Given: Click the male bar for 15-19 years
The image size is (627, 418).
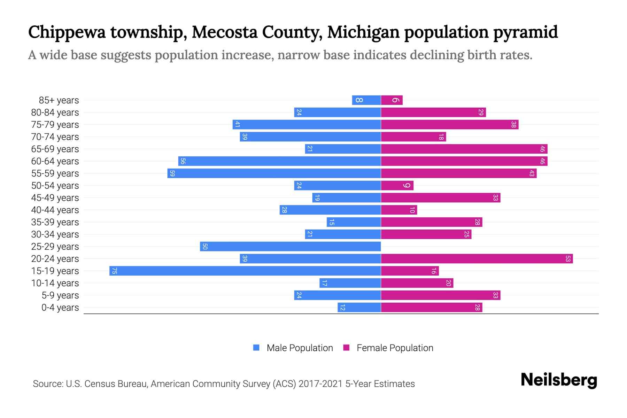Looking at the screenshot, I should click(245, 271).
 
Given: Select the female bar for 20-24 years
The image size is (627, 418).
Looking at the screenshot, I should click(477, 258).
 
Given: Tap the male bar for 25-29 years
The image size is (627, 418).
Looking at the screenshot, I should click(290, 246).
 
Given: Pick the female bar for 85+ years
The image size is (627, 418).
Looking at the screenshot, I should click(392, 100).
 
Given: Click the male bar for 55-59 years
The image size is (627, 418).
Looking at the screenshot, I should click(274, 173).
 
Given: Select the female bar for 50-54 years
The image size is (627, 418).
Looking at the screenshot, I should click(397, 185).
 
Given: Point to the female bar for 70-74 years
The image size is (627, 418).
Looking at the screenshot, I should click(413, 137).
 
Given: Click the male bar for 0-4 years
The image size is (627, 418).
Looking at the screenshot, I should click(359, 307).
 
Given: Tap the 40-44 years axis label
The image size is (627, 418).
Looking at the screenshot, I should click(55, 210).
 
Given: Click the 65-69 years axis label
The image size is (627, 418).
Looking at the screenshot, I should click(55, 149).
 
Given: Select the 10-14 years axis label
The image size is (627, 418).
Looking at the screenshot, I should click(55, 283).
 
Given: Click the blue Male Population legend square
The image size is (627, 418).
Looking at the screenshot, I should click(256, 348).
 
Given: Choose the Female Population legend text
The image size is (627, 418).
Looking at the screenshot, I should click(395, 348).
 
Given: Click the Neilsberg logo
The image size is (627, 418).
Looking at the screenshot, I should click(559, 380).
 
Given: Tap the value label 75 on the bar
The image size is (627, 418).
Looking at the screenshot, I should click(114, 271).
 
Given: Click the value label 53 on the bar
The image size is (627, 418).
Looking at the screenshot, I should click(568, 258).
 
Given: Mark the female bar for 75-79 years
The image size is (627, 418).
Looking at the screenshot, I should click(450, 124).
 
